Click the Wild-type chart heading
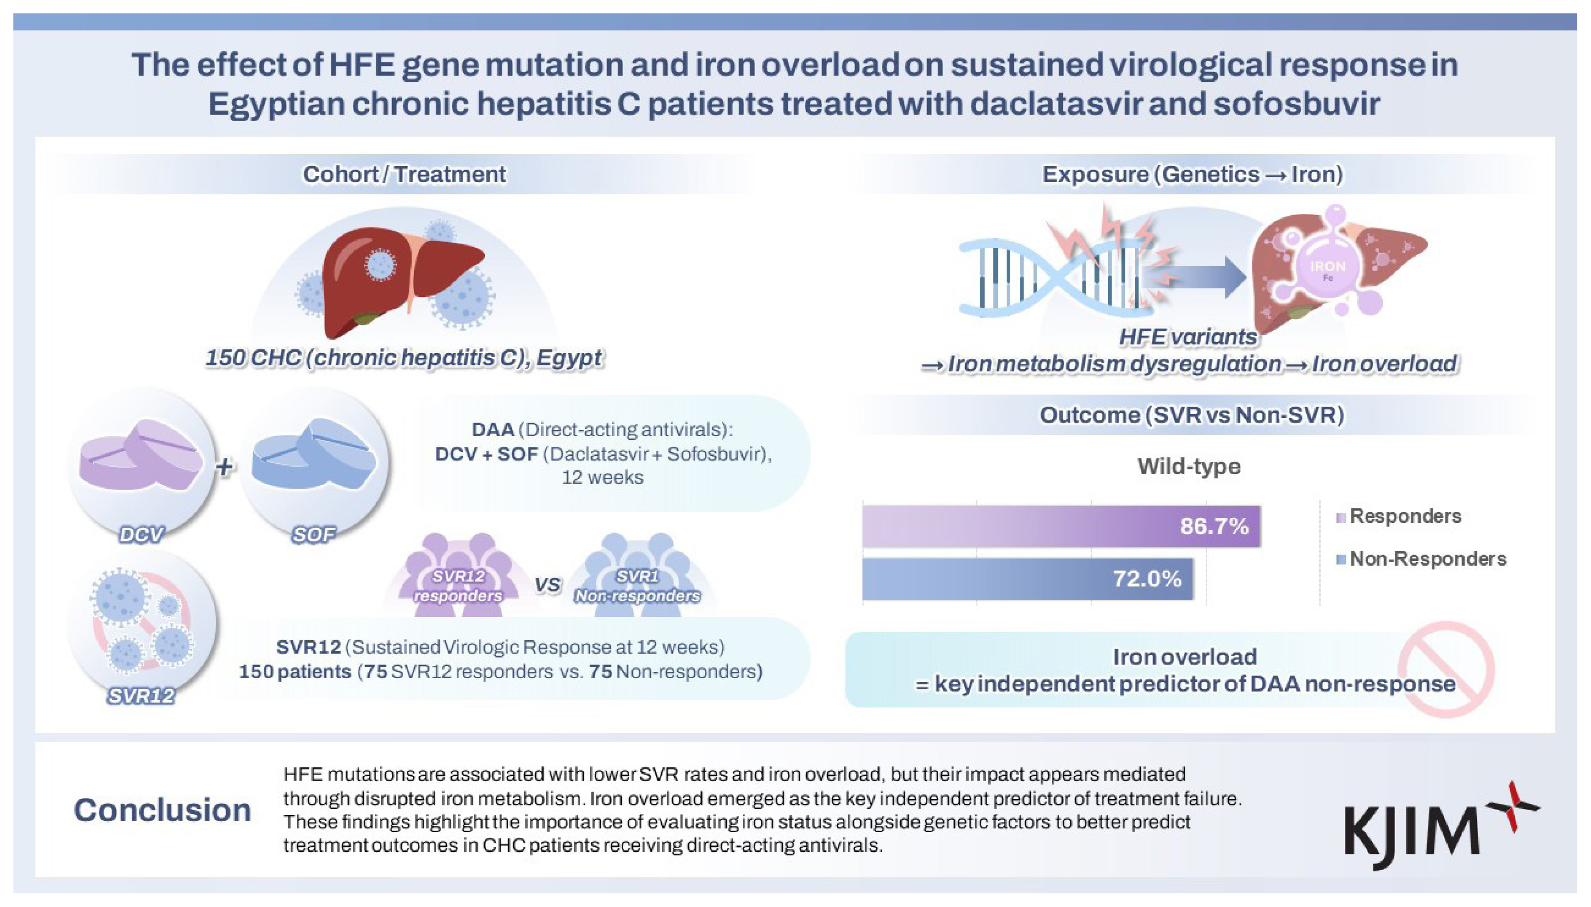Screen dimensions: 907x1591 (1189, 467)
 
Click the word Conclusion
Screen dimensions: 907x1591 (163, 811)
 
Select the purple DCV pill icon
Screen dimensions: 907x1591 (141, 455)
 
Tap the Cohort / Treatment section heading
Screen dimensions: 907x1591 (404, 174)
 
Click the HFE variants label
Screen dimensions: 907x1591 (1188, 337)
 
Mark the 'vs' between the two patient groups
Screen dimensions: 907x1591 (547, 585)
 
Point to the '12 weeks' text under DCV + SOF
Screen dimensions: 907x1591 (602, 478)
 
